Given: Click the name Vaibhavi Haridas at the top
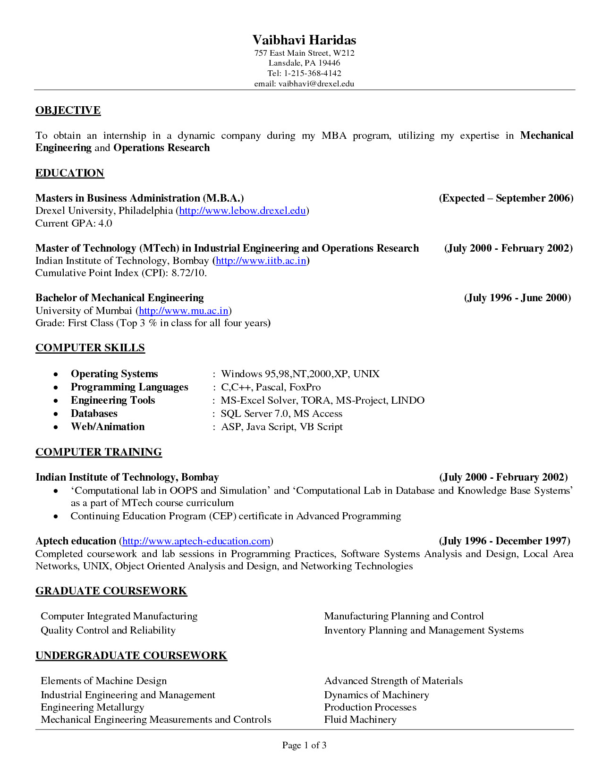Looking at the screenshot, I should pos(304,40).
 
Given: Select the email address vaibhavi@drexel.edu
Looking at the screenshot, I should pos(316,84).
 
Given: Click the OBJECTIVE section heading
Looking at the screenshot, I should pos(68,110).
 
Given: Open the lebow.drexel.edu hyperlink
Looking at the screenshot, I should pos(242,211).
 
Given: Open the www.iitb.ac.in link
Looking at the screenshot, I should pos(261,261).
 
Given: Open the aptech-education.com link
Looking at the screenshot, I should pos(196,541).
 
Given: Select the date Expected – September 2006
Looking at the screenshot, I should pos(506,198).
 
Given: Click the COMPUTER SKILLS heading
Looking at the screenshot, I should pos(90,348).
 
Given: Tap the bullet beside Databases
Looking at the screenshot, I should pos(56,414).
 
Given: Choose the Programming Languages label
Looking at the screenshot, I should pos(129,387).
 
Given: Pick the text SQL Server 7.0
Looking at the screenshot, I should pos(254,414).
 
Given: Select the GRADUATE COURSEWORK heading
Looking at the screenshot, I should pos(111,591).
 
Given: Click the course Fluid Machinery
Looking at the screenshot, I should pos(360,720).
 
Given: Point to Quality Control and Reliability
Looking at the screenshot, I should pos(108,630).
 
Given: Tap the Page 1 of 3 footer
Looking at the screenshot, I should pos(304,745).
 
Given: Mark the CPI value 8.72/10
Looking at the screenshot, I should pos(189,273).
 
